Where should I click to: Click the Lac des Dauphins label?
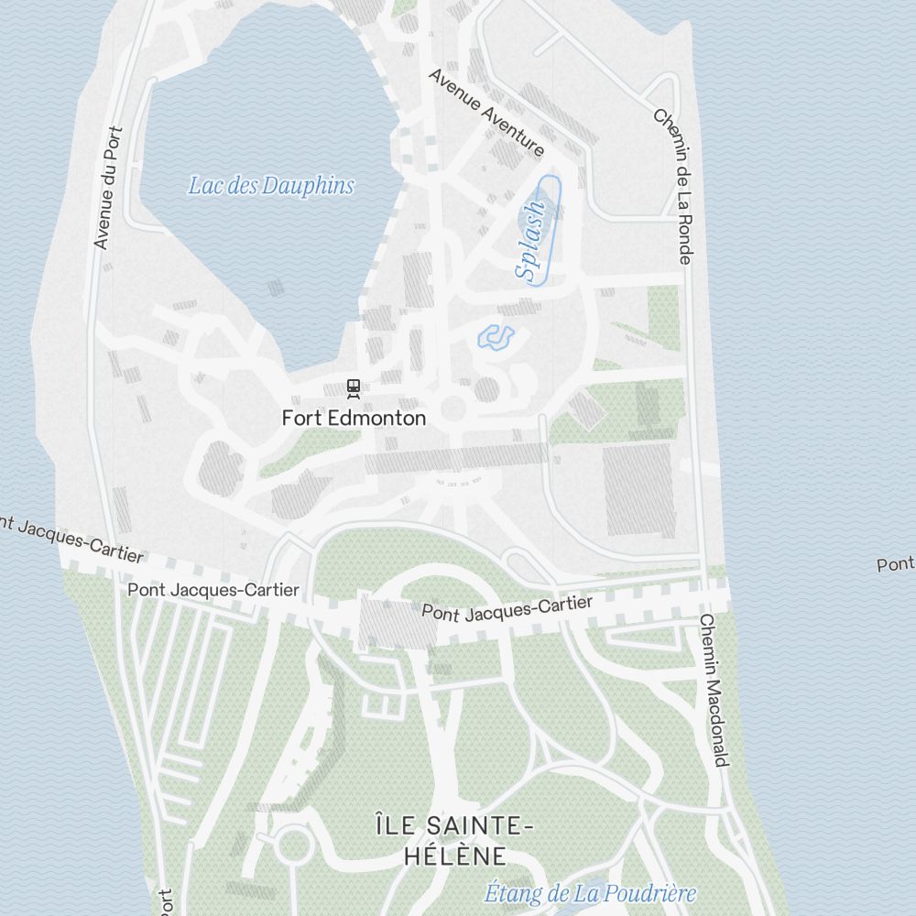(270, 186)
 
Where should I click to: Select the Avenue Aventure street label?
(485, 112)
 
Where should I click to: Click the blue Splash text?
(530, 240)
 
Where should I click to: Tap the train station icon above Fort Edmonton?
(354, 389)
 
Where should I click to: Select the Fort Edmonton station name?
(354, 419)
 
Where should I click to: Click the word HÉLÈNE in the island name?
(454, 856)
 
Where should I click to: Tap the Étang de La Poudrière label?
(590, 893)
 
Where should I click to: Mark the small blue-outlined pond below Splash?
(496, 337)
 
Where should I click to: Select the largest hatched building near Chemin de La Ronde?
(639, 491)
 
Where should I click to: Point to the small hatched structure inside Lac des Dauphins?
(276, 288)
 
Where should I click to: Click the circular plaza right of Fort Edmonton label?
(453, 409)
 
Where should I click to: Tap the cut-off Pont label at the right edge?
(895, 564)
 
